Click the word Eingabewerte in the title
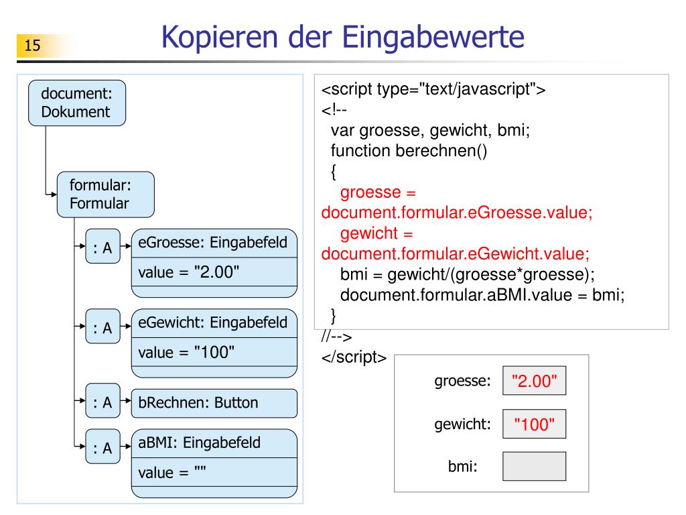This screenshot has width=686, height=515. [434, 38]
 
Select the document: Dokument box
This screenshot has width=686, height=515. [76, 103]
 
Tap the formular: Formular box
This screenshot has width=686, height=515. [105, 194]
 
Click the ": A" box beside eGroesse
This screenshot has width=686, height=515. [102, 248]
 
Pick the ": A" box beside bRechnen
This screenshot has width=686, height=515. [102, 402]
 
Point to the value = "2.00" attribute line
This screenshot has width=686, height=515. [189, 272]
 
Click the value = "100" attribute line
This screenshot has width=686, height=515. [186, 352]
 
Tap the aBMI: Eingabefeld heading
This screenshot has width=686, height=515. [200, 443]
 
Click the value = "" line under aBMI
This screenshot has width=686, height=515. [172, 473]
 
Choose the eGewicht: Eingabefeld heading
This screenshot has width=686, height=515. [213, 323]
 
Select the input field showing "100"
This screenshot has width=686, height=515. [534, 424]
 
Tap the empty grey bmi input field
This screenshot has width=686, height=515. [534, 465]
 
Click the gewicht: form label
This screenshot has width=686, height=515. [463, 424]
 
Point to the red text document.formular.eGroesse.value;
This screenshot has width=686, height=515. [457, 213]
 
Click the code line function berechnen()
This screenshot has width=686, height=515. [409, 151]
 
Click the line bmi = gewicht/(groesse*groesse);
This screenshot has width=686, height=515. [467, 276]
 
